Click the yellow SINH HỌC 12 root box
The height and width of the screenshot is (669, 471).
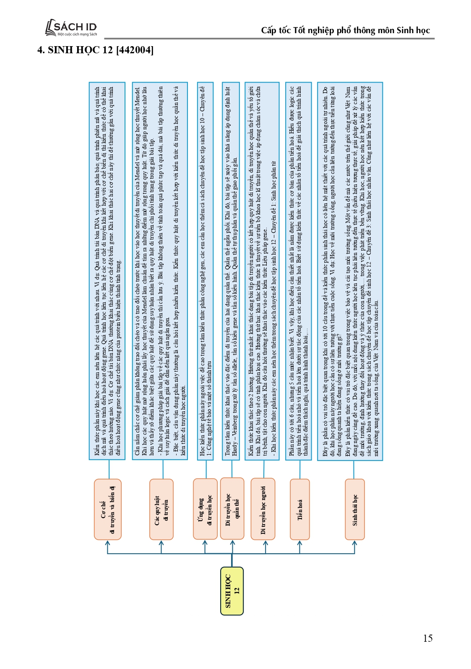[232, 591]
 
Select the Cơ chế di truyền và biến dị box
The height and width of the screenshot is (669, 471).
[108, 509]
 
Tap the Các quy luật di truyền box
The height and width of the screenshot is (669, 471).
[161, 509]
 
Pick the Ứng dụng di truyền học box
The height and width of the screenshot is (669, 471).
[205, 509]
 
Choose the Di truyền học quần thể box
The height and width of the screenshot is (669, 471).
[232, 508]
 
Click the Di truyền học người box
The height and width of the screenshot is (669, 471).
[263, 509]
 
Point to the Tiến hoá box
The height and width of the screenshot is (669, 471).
[299, 509]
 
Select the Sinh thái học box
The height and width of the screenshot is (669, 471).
[355, 509]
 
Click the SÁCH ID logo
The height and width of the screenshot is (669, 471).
[71, 28]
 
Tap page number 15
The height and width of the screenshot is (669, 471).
[427, 638]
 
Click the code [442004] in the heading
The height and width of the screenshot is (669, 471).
[135, 50]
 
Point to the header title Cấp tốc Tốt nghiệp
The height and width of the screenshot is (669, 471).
[345, 30]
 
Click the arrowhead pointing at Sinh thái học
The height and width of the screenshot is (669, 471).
[355, 543]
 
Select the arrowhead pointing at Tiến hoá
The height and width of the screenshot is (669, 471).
[299, 543]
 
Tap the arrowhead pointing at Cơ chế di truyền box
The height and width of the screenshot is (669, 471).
[108, 543]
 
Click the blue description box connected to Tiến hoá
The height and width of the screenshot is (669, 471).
[298, 271]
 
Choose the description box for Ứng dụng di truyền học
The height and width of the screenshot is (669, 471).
[205, 271]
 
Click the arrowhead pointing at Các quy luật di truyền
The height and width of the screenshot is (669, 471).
[161, 543]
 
